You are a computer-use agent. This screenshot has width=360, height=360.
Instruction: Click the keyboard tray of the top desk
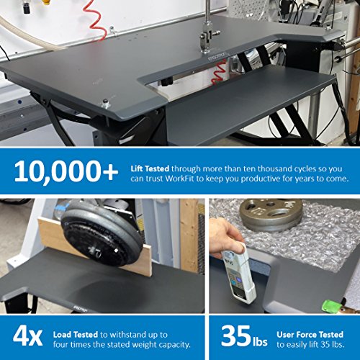(245, 104)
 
